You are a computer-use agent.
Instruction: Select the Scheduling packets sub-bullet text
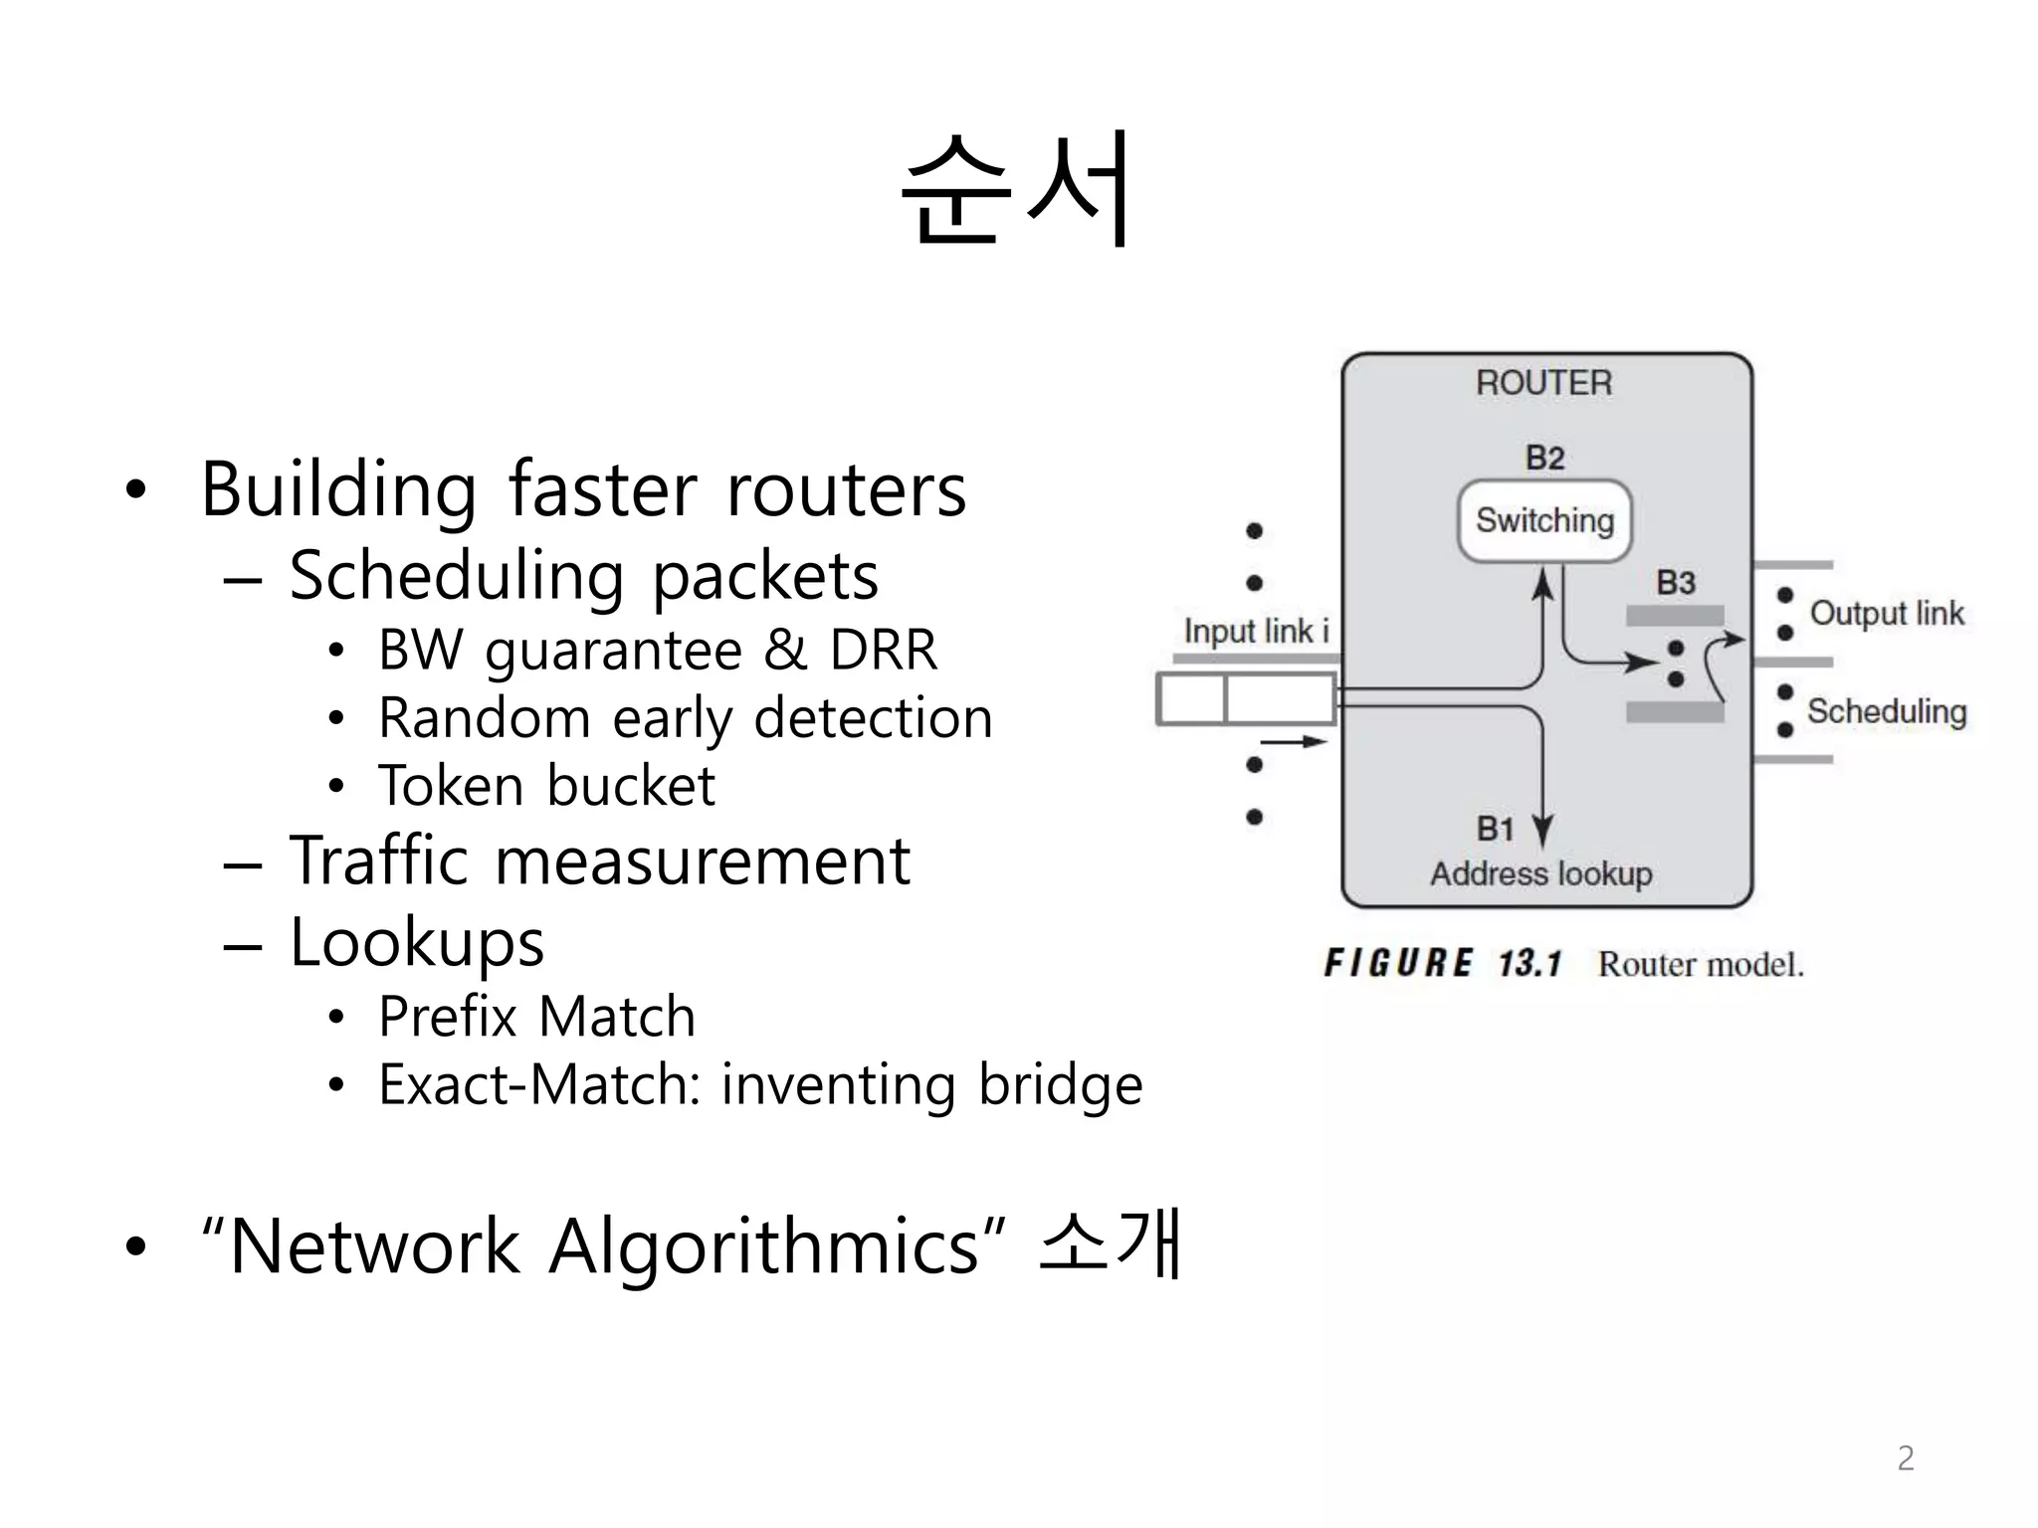click(584, 576)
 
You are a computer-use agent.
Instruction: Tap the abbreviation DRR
click(884, 650)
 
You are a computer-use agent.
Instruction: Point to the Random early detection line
click(686, 718)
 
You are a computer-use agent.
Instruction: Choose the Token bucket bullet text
click(546, 786)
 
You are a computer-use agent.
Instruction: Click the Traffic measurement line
click(599, 860)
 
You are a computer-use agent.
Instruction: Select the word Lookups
click(417, 942)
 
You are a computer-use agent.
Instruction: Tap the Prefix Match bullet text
click(536, 1017)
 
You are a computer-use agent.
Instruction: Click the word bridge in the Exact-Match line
click(1060, 1084)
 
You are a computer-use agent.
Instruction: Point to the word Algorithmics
click(763, 1245)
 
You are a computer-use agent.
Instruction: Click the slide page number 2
click(1905, 1458)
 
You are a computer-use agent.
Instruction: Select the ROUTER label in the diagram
click(1543, 383)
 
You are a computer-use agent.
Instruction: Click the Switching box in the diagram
click(1544, 520)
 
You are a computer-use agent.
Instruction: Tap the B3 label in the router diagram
click(1676, 583)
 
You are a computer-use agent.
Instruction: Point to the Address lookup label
click(1541, 874)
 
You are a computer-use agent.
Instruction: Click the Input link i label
click(1256, 631)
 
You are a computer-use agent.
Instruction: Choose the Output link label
click(1887, 613)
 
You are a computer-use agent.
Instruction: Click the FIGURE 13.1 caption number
click(1529, 963)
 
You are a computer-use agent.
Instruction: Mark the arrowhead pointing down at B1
click(1542, 832)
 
